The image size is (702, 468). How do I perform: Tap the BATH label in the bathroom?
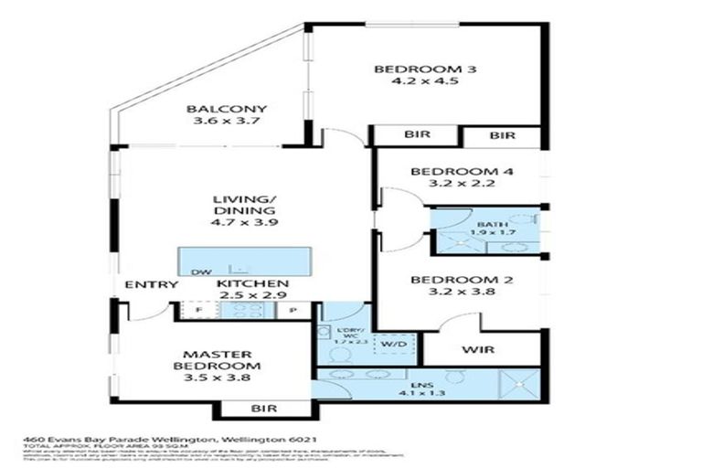tap(485, 222)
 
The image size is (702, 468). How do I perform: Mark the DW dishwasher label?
tap(197, 272)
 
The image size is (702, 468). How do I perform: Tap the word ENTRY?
tap(151, 285)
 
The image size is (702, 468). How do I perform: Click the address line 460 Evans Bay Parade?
tap(168, 440)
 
